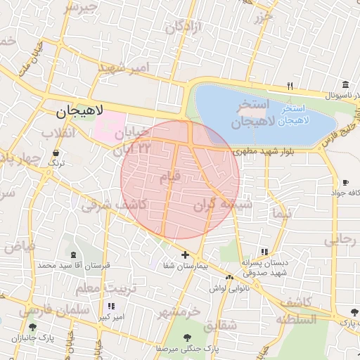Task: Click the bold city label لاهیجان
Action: (79, 110)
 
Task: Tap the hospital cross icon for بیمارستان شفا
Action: (185, 255)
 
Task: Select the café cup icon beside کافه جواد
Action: (345, 181)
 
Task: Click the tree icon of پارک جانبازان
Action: (32, 328)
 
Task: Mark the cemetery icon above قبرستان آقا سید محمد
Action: (75, 254)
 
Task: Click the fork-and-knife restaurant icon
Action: (290, 86)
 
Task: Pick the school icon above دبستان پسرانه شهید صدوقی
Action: (264, 252)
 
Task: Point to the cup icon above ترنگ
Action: (55, 152)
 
